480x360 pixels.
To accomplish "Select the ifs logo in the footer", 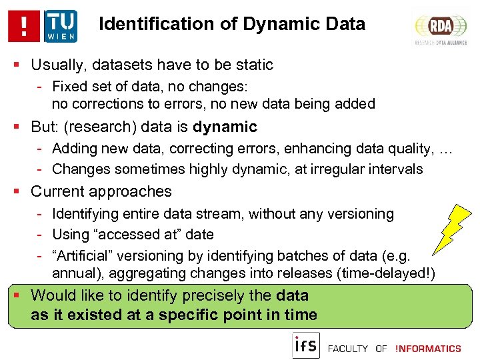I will pos(306,346).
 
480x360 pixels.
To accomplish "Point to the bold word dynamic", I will pos(225,127).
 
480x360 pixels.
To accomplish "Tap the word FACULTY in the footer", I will pos(348,349).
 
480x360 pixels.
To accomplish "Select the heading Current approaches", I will pos(101,191).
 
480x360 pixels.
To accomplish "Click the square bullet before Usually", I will pos(19,65).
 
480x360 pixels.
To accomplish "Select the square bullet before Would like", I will pos(19,295).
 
